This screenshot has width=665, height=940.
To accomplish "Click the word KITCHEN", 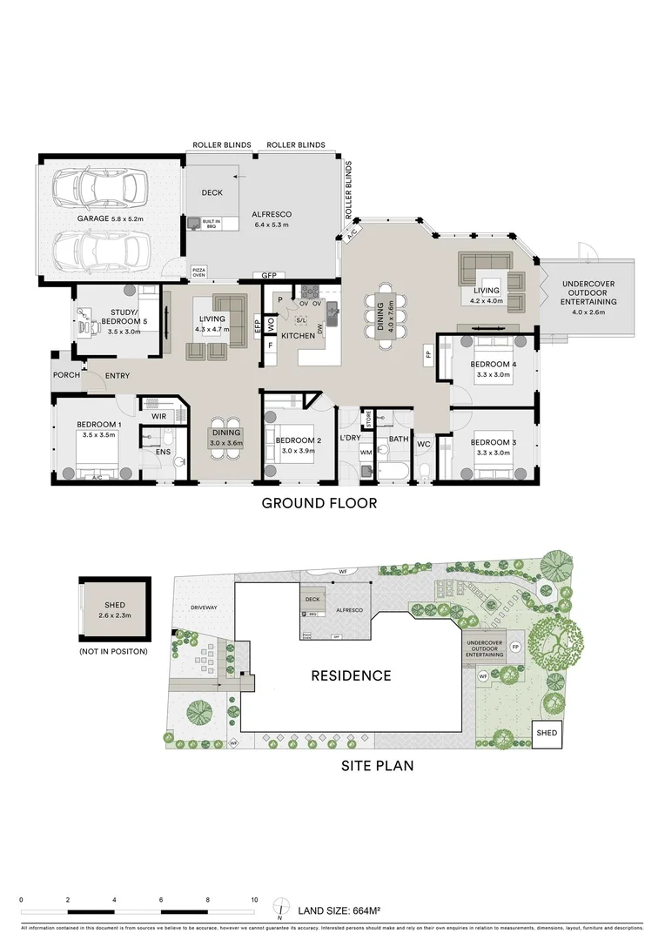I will click(298, 335).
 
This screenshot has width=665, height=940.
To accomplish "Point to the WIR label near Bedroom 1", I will click(158, 417).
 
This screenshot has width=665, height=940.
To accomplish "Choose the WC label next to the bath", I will click(424, 445).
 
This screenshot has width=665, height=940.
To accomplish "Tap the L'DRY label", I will click(350, 437).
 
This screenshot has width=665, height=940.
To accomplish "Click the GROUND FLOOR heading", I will click(319, 503).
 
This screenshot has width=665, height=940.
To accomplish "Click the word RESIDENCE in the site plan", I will click(352, 675).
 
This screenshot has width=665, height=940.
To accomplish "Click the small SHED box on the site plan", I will click(546, 733).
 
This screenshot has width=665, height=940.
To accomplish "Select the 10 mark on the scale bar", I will click(254, 899).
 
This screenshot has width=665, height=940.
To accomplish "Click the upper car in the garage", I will click(97, 185).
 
